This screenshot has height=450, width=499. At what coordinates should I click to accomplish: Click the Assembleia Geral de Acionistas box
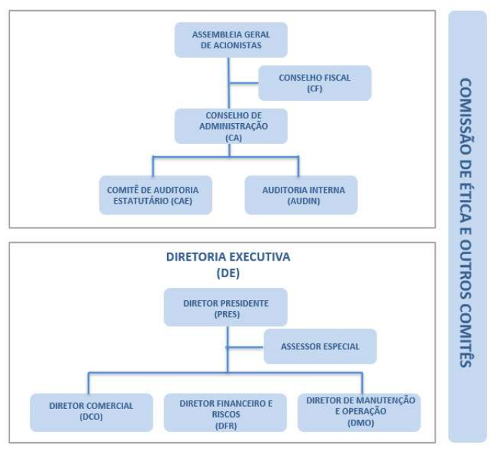pyautogui.click(x=231, y=40)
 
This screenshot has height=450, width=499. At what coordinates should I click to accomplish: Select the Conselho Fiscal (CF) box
pyautogui.click(x=315, y=83)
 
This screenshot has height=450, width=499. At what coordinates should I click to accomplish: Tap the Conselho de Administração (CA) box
pyautogui.click(x=231, y=126)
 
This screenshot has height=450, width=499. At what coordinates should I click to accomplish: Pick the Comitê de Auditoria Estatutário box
pyautogui.click(x=156, y=195)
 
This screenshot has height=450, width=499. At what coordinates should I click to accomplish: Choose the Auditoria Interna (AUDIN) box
pyautogui.click(x=301, y=195)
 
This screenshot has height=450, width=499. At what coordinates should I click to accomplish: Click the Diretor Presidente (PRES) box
pyautogui.click(x=225, y=307)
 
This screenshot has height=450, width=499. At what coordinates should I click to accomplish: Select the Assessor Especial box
pyautogui.click(x=320, y=346)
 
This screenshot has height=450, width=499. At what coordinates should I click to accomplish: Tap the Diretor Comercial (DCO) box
pyautogui.click(x=91, y=413)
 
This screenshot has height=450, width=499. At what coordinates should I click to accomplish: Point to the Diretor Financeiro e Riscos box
pyautogui.click(x=225, y=413)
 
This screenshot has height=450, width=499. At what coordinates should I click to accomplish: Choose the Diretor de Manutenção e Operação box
pyautogui.click(x=359, y=413)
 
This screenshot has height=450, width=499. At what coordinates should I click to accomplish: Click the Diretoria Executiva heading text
pyautogui.click(x=228, y=257)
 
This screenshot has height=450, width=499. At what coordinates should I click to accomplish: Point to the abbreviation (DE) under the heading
pyautogui.click(x=228, y=273)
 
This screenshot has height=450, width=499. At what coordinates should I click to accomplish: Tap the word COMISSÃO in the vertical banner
pyautogui.click(x=466, y=117)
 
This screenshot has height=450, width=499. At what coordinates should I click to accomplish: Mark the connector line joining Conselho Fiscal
pyautogui.click(x=244, y=83)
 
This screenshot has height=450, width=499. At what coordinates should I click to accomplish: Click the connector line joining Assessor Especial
pyautogui.click(x=245, y=347)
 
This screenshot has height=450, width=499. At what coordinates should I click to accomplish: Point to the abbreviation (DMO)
pyautogui.click(x=361, y=423)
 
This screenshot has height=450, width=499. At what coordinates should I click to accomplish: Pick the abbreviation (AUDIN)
pyautogui.click(x=304, y=201)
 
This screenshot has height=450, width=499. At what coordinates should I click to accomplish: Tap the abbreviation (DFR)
pyautogui.click(x=226, y=426)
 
